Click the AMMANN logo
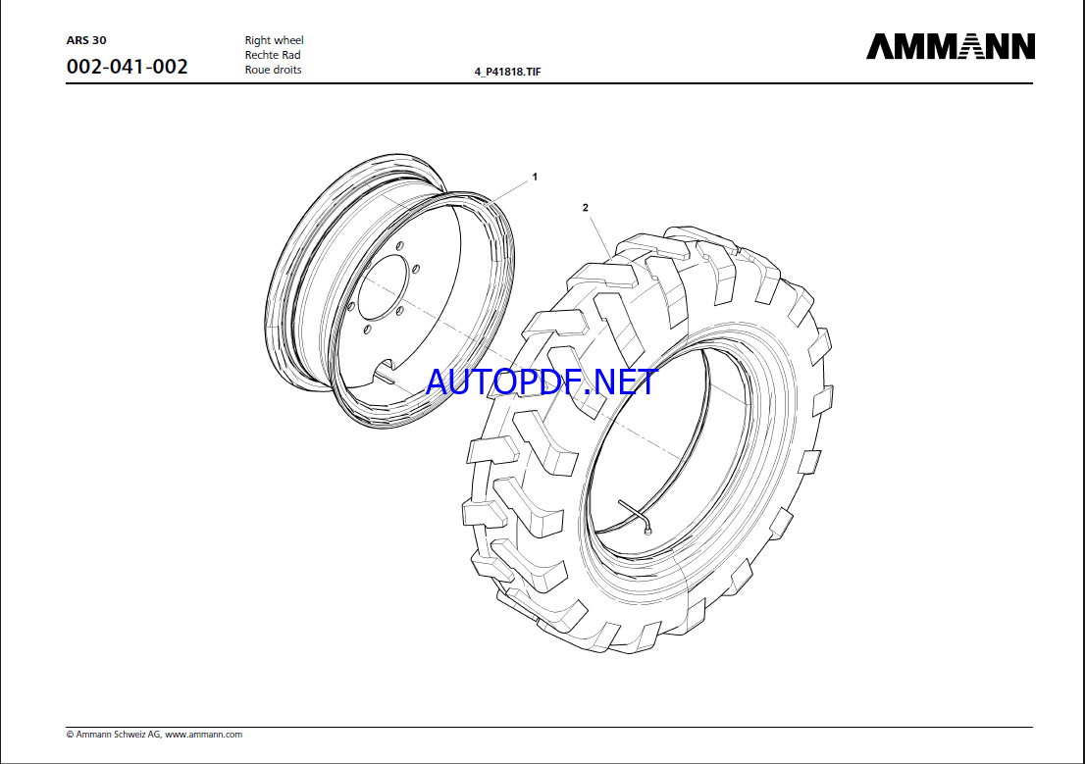[x=950, y=46]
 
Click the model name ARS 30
[x=86, y=40]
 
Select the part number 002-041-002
[x=128, y=67]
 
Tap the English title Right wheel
[x=274, y=40]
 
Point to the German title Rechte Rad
[x=273, y=55]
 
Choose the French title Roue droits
[x=274, y=70]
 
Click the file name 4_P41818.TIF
[x=508, y=72]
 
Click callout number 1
[x=535, y=178]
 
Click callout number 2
[x=586, y=208]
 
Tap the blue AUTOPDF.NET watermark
[x=542, y=382]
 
